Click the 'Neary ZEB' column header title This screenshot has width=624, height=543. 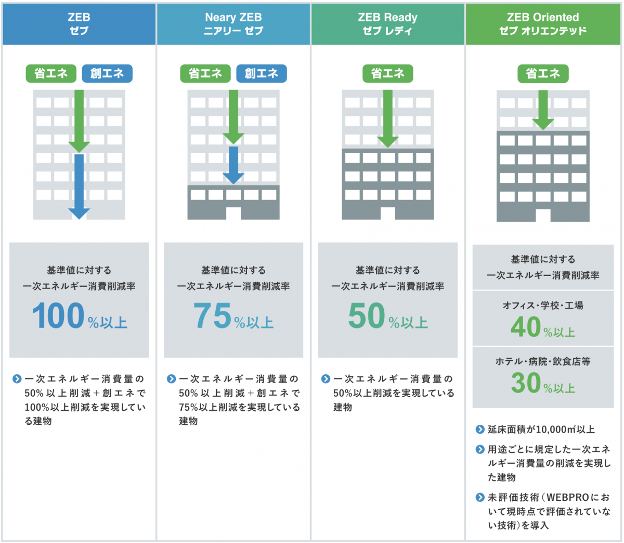pyautogui.click(x=233, y=17)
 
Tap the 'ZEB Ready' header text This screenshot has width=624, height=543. pyautogui.click(x=387, y=18)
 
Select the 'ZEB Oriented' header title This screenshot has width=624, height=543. pyautogui.click(x=543, y=17)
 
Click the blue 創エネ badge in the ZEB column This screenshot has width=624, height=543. pyautogui.click(x=107, y=73)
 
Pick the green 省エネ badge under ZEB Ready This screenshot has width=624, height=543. pyautogui.click(x=387, y=73)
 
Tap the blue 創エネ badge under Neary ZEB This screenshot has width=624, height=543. pyautogui.click(x=262, y=73)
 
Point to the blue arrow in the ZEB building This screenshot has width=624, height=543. pyautogui.click(x=79, y=186)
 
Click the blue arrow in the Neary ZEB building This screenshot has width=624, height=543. pyautogui.click(x=233, y=165)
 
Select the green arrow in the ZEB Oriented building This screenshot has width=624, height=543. pyautogui.click(x=543, y=110)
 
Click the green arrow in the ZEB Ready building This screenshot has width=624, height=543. pyautogui.click(x=387, y=119)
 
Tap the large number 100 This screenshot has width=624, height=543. pyautogui.click(x=58, y=315)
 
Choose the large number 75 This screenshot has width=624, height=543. pyautogui.click(x=213, y=315)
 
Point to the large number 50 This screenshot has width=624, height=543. pyautogui.click(x=367, y=315)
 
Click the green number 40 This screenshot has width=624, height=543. pyautogui.click(x=526, y=326)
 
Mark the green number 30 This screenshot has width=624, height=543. pyautogui.click(x=526, y=383)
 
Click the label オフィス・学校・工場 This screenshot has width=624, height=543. pyautogui.click(x=543, y=305)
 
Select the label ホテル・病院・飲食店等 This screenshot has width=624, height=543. pyautogui.click(x=543, y=361)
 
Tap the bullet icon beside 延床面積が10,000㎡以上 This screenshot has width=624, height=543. pyautogui.click(x=480, y=430)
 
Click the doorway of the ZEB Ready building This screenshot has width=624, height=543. pyautogui.click(x=387, y=213)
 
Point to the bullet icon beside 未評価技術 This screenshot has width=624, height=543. pyautogui.click(x=480, y=497)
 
